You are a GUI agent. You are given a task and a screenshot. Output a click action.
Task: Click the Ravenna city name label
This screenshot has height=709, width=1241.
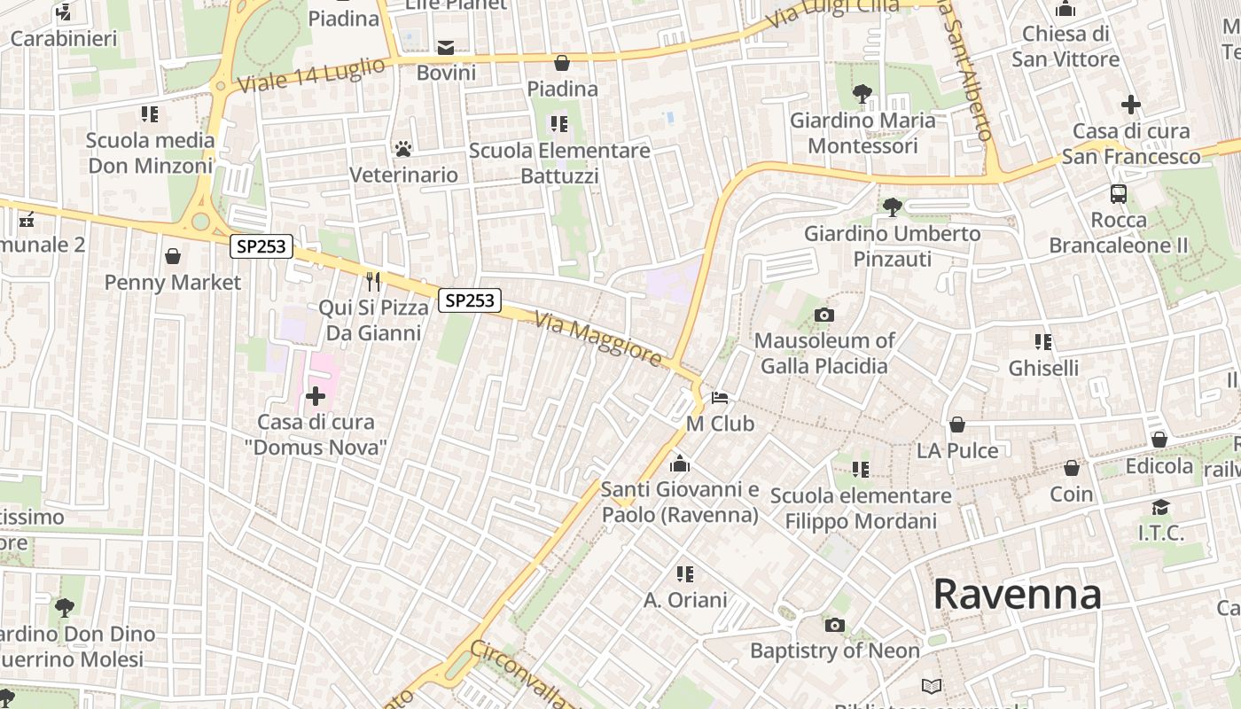click(1017, 594)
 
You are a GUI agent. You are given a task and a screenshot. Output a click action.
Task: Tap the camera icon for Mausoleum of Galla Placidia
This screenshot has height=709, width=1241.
click(823, 315)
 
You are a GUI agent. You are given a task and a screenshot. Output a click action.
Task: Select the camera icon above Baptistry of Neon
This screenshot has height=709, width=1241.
click(834, 625)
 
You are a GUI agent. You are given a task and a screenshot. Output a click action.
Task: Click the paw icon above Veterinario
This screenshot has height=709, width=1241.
click(403, 148)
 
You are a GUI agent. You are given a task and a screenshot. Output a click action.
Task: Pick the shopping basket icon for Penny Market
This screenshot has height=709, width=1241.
click(173, 256)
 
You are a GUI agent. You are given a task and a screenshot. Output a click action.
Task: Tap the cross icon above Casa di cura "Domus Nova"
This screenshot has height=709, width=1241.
click(316, 395)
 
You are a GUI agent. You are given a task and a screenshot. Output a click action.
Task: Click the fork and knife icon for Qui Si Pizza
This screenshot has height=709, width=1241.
click(373, 282)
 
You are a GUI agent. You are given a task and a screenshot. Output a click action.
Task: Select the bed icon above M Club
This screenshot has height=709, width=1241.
click(720, 397)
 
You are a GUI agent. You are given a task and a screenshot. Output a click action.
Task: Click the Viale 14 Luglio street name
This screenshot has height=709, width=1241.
click(312, 75)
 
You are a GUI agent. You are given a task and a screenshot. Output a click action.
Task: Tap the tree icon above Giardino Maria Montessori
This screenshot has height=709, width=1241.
click(862, 93)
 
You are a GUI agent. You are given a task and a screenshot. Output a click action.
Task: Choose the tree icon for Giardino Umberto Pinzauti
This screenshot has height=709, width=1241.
click(892, 207)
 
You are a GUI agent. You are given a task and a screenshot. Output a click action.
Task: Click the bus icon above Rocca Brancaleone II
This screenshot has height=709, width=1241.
click(1119, 193)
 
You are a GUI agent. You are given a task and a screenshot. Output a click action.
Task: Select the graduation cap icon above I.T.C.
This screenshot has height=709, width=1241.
click(1160, 507)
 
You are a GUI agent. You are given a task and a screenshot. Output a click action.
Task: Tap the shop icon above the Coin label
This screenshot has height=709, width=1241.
click(1072, 468)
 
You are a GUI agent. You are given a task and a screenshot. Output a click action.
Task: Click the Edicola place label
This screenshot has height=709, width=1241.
click(1159, 465)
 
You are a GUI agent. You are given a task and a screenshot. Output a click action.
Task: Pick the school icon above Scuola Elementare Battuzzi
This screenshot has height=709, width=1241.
click(558, 123)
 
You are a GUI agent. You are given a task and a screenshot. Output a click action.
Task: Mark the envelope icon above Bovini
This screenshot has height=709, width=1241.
click(446, 47)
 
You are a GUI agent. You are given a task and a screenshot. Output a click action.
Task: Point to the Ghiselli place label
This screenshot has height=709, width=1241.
click(1043, 367)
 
